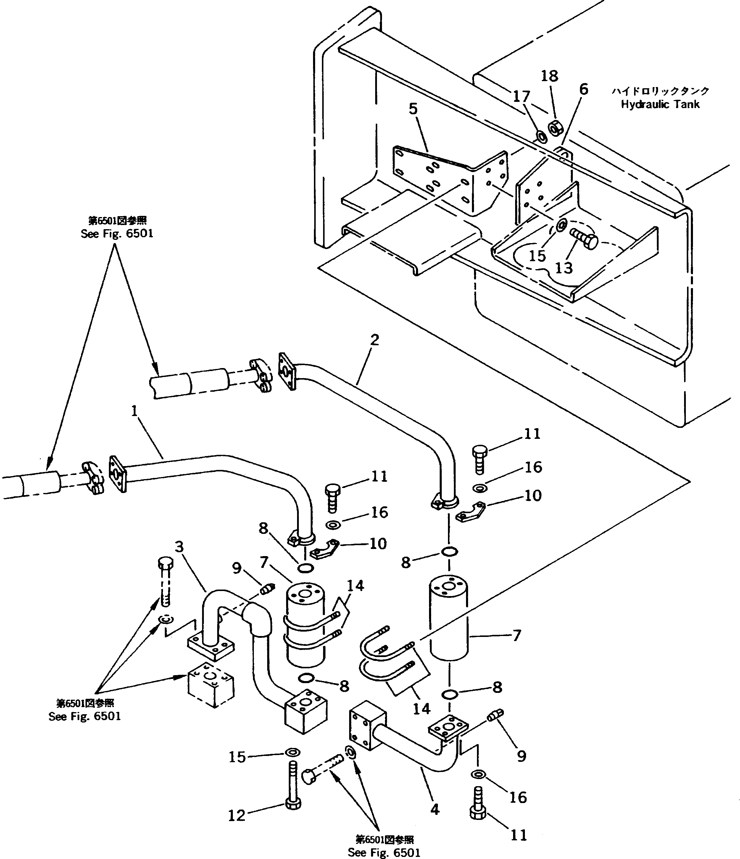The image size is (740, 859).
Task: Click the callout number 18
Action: click(x=549, y=76)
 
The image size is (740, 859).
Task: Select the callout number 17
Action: click(x=521, y=97)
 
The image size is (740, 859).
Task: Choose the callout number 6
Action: click(x=583, y=89)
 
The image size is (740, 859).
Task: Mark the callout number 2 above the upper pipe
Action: click(x=375, y=340)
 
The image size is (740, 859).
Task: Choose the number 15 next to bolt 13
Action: click(x=537, y=256)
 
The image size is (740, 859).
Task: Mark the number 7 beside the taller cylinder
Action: click(x=516, y=635)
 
